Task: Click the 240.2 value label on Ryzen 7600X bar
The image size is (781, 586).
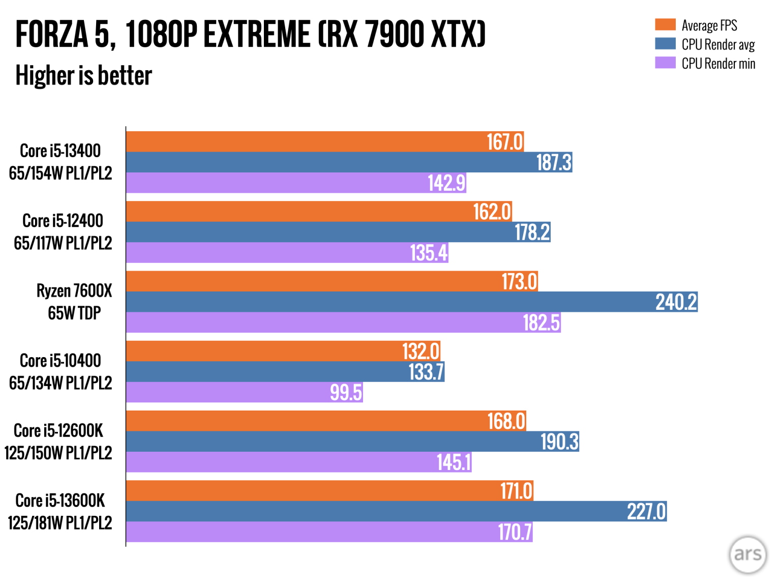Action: click(x=676, y=302)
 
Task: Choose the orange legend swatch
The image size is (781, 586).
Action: click(x=665, y=25)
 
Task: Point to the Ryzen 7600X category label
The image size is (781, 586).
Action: click(x=74, y=302)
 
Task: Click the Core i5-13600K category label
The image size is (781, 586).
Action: click(x=60, y=511)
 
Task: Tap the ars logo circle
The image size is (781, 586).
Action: click(x=747, y=554)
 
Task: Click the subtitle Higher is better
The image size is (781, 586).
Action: click(x=84, y=76)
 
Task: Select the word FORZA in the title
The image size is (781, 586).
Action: click(x=52, y=35)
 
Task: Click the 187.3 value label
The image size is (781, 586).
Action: click(x=554, y=163)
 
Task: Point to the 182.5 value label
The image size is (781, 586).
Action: click(x=541, y=323)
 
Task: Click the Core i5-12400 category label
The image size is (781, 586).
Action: click(x=63, y=232)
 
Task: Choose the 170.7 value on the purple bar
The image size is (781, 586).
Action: click(x=515, y=532)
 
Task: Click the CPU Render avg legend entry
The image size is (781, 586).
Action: click(x=717, y=45)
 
